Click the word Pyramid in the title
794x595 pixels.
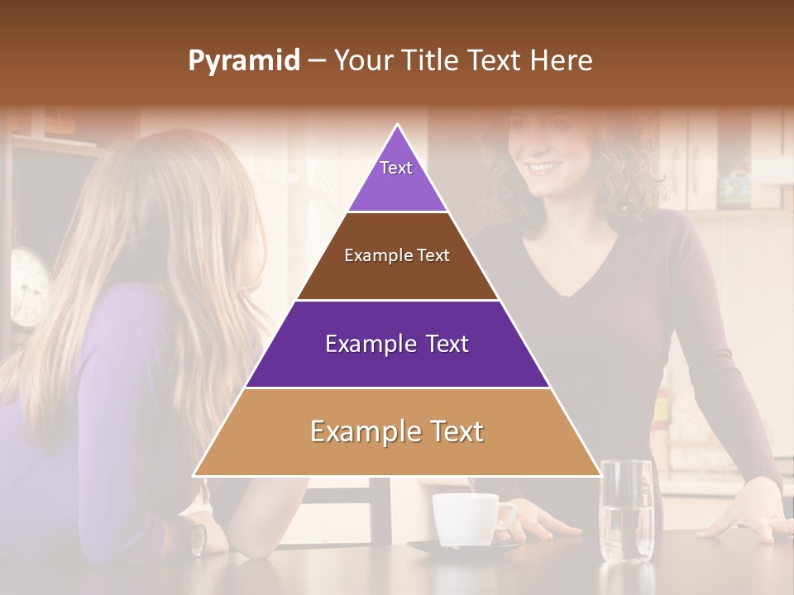click(244, 61)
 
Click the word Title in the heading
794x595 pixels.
click(431, 60)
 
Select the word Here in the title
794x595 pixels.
click(562, 60)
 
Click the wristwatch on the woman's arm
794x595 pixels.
click(198, 538)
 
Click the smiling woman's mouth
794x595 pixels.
click(544, 168)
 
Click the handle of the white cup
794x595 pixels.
click(506, 516)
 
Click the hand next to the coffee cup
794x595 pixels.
click(542, 521)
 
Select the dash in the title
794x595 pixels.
click(317, 61)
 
